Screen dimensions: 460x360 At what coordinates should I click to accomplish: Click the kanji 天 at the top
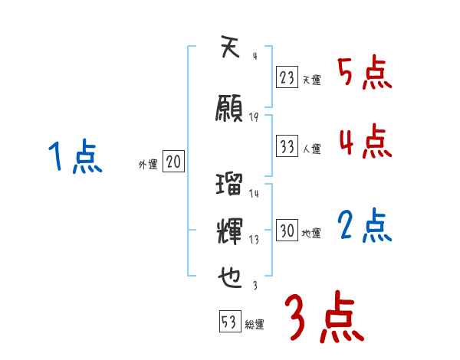pyautogui.click(x=230, y=49)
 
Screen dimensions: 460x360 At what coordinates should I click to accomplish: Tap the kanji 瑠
pyautogui.click(x=230, y=185)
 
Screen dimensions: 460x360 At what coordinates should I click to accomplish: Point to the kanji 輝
pyautogui.click(x=230, y=229)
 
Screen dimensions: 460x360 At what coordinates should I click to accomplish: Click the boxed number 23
pyautogui.click(x=287, y=77)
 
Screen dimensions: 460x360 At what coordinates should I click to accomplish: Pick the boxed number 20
pyautogui.click(x=174, y=162)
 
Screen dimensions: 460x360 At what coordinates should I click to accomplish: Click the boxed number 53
pyautogui.click(x=228, y=322)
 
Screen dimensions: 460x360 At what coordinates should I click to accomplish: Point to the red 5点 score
pyautogui.click(x=364, y=74)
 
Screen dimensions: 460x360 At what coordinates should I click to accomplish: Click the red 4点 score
pyautogui.click(x=364, y=142)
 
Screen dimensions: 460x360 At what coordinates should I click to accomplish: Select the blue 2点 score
pyautogui.click(x=364, y=226)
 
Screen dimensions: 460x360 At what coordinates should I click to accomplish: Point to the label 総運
pyautogui.click(x=255, y=325)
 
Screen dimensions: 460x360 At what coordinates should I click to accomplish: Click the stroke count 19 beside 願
pyautogui.click(x=255, y=117)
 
